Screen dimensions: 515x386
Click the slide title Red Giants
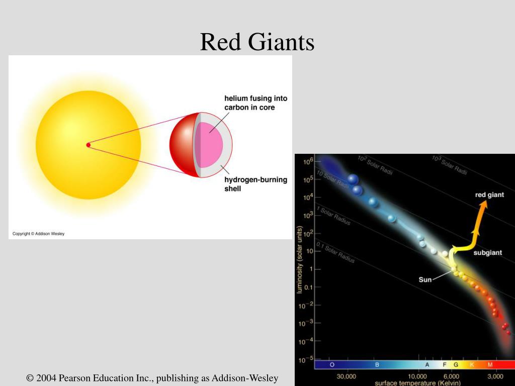(x=257, y=42)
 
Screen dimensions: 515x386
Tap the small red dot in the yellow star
(x=89, y=145)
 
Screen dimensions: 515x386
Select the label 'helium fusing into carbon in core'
(x=256, y=103)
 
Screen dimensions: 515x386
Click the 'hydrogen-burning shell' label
(x=256, y=184)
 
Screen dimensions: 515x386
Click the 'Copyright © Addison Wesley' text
(x=38, y=234)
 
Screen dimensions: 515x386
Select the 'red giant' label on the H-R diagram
(x=489, y=195)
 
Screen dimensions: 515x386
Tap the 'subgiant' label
(x=488, y=253)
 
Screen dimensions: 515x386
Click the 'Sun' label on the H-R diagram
(x=425, y=279)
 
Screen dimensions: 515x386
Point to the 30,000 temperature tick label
(x=346, y=376)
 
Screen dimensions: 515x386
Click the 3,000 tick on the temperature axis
(x=495, y=376)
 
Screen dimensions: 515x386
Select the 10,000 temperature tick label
(x=417, y=376)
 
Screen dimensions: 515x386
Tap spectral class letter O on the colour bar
(x=332, y=365)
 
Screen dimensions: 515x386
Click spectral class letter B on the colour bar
(x=377, y=365)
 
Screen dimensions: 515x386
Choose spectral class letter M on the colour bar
(x=490, y=365)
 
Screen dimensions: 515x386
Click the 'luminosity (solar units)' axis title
(x=300, y=260)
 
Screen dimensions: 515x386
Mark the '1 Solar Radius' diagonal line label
(x=334, y=216)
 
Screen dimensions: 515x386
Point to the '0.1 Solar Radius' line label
(x=335, y=252)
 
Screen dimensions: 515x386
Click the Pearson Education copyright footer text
(x=152, y=378)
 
